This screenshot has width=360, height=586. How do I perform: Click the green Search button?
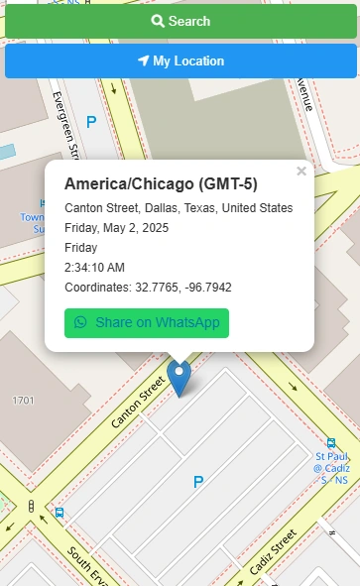pos(180,21)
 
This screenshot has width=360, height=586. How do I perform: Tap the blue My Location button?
pos(180,61)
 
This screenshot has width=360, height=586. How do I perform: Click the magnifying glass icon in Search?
pos(157,21)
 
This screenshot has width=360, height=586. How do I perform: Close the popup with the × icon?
pos(301,172)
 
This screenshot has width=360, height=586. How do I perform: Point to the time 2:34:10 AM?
pos(94,268)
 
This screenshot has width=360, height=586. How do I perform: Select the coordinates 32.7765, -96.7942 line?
pos(148,288)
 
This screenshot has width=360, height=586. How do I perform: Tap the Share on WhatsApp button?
pos(147,323)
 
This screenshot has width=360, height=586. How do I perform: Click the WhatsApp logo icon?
pos(80,323)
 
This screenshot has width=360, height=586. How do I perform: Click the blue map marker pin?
pos(180,377)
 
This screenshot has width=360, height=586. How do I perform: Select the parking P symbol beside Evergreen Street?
pos(91,122)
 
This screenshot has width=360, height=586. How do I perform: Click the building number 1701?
pos(23,401)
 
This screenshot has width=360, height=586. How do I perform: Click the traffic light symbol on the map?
pos(32,508)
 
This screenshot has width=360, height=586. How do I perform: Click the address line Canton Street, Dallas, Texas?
pos(179,208)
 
